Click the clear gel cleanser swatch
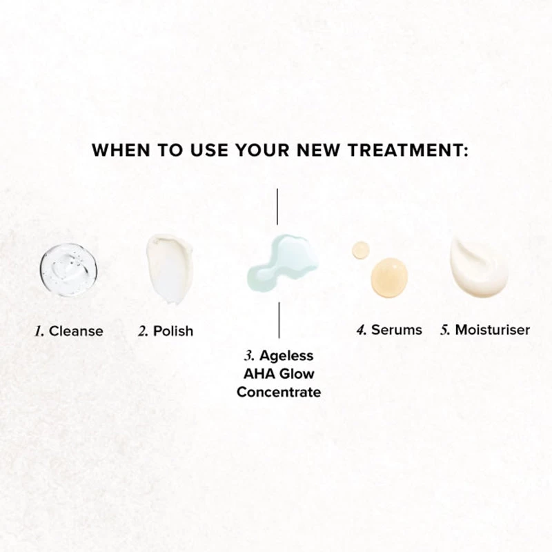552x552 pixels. pos(68,270)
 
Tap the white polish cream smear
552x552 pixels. pos(170,269)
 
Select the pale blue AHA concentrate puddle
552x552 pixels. pos(282,263)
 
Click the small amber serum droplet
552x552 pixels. pos(361,250)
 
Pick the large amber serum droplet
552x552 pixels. pos(389,277)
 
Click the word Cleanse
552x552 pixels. pos(76,331)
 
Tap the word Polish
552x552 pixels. pos(173,331)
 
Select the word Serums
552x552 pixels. pos(396,330)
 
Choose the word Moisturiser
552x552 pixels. pos(492,330)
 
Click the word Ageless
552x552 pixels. pos(286,356)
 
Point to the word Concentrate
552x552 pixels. pos(279,392)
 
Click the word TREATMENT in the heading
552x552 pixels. pos(408,150)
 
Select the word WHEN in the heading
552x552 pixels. pos(121,150)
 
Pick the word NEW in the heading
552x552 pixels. pos(318,150)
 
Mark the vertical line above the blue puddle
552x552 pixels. pos(277,206)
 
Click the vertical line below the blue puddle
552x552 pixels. pos(279,320)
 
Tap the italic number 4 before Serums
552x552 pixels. pos(361,331)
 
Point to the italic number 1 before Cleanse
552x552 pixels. pos(39,331)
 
